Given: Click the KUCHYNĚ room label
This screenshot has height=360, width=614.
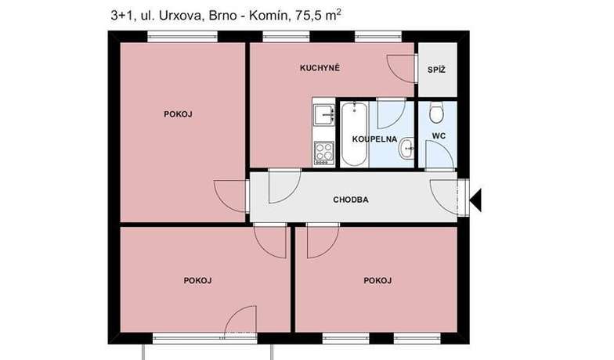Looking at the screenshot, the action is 320,68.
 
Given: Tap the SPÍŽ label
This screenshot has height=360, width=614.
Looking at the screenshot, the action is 436,70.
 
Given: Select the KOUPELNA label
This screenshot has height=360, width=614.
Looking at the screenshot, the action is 374,139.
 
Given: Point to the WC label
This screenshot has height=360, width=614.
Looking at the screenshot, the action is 439,136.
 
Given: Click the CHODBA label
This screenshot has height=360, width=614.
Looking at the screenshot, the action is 351,200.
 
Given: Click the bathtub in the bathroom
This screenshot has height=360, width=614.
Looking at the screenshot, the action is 354,135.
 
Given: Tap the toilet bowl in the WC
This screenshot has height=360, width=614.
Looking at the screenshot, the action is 435,113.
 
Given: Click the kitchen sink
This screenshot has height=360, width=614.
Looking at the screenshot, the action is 324,114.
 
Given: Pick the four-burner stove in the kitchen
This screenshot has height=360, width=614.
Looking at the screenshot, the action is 324,153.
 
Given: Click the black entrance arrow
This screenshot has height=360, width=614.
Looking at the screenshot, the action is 475,200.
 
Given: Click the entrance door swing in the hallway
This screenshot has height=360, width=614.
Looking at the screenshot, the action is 443,197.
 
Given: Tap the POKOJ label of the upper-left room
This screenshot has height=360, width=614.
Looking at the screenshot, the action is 178,114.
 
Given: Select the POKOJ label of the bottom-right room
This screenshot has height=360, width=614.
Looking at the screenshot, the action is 377,280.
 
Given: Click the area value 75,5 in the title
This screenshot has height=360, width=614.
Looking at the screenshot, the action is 305,16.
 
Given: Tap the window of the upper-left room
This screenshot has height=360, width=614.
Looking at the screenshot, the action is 182,37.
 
